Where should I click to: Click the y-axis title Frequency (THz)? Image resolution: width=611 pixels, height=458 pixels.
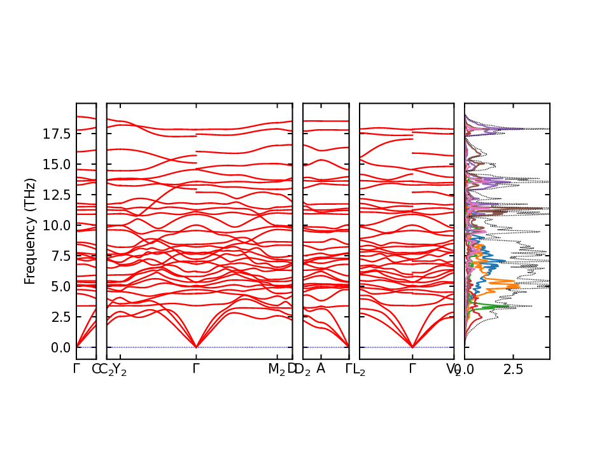29,231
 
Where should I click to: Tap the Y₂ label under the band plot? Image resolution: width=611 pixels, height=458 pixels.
120,369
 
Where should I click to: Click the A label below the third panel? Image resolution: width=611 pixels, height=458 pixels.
321,368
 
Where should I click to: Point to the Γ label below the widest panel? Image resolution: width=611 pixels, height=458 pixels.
196,368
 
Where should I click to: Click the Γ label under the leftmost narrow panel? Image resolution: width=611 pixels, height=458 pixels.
76,368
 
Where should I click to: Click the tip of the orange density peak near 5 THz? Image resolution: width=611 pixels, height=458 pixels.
519,287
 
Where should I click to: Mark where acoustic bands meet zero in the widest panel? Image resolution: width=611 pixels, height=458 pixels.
196,347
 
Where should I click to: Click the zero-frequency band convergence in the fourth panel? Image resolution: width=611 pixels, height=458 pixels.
412,347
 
